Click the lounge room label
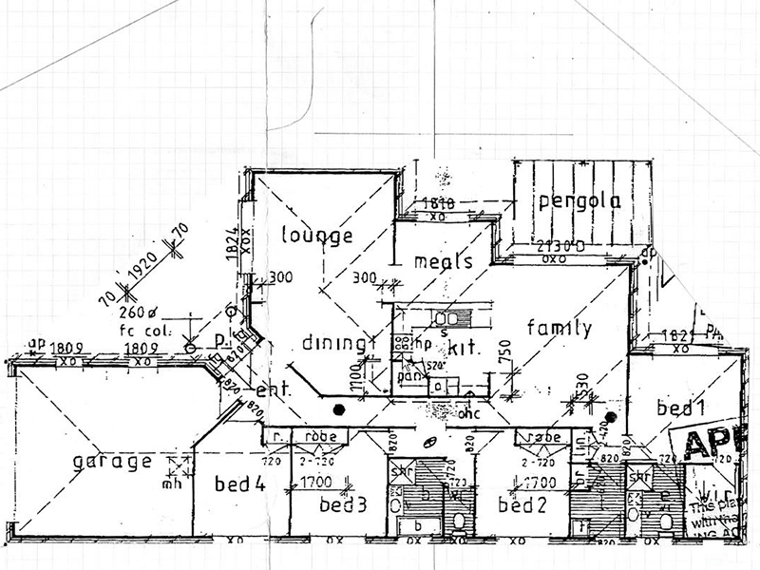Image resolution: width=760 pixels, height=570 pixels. (x=317, y=235)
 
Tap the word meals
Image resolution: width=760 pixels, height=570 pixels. (x=444, y=262)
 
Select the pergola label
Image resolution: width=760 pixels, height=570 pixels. (x=578, y=201)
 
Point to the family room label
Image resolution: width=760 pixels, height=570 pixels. (x=560, y=329)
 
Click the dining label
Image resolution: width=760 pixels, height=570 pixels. (x=334, y=343)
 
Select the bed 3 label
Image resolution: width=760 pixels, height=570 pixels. (x=343, y=503)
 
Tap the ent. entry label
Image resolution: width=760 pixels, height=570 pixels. (x=273, y=389)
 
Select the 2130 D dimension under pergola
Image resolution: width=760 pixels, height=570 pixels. (x=542, y=246)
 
